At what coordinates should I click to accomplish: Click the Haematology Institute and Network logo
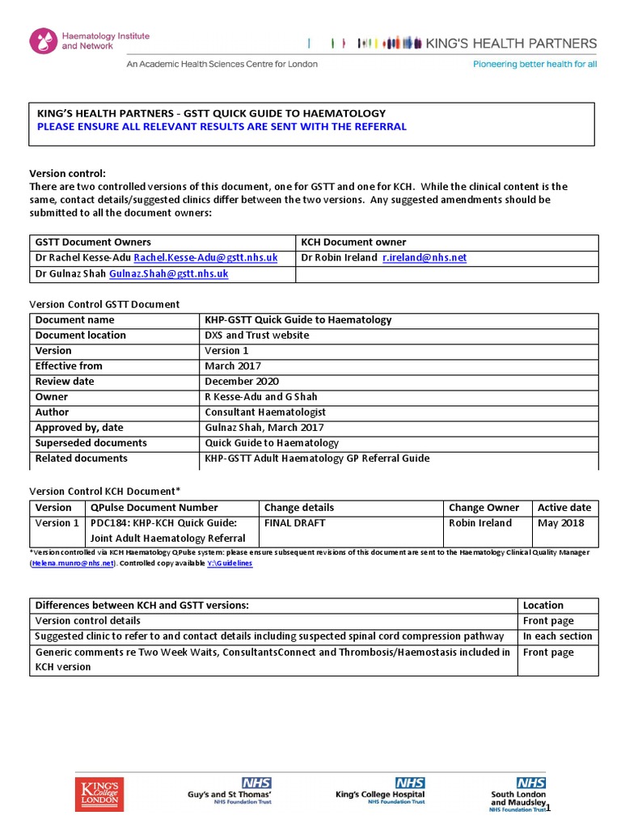click(89, 41)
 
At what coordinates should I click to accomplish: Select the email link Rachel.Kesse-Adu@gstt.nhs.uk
click(205, 257)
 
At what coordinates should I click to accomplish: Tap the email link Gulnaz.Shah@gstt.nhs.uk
click(168, 274)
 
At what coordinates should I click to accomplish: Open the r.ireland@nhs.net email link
click(425, 257)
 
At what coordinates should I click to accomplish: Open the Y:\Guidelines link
click(230, 563)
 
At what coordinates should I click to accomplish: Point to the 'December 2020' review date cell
click(242, 381)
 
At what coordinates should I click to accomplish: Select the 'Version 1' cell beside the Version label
click(227, 350)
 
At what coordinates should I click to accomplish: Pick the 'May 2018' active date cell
click(556, 523)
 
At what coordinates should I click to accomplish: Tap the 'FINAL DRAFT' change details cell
click(294, 523)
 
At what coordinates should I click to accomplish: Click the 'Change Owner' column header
click(484, 508)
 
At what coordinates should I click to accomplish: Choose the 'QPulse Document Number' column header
click(154, 508)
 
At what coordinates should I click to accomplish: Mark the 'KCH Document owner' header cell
click(353, 242)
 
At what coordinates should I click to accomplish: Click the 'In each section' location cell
click(557, 636)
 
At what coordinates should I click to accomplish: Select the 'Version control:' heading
click(68, 173)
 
